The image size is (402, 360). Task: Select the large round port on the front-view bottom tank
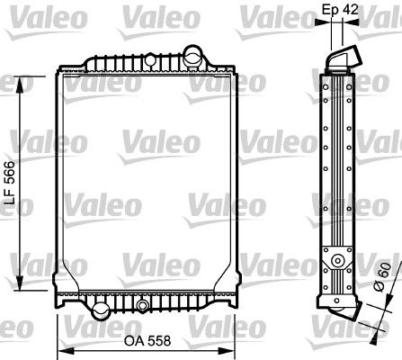[98, 311]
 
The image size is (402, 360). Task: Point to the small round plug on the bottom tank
[141, 307]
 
